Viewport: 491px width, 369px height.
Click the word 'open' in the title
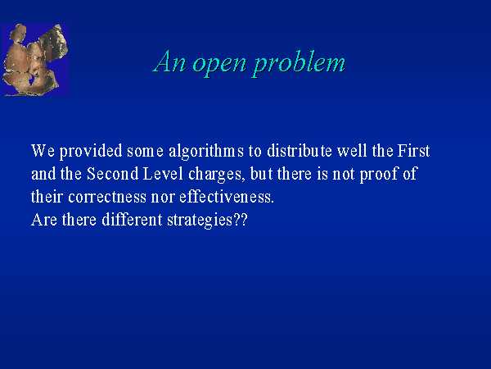(x=218, y=64)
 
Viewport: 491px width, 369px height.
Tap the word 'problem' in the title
(x=299, y=63)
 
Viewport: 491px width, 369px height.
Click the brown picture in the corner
(x=34, y=59)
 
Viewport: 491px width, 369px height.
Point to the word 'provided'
(x=91, y=152)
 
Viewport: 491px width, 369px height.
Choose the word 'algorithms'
(x=206, y=152)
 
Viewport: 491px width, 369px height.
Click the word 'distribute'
(x=300, y=151)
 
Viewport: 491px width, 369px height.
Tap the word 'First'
(x=413, y=151)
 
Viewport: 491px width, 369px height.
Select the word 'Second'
(x=112, y=174)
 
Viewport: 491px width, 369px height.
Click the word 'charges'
(x=214, y=175)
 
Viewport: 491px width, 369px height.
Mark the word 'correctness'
(x=107, y=198)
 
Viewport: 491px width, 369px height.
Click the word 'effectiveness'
(x=226, y=197)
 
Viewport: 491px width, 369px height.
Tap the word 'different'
(x=132, y=220)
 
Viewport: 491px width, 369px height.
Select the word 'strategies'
(x=200, y=221)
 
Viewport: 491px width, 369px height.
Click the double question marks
(x=240, y=220)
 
